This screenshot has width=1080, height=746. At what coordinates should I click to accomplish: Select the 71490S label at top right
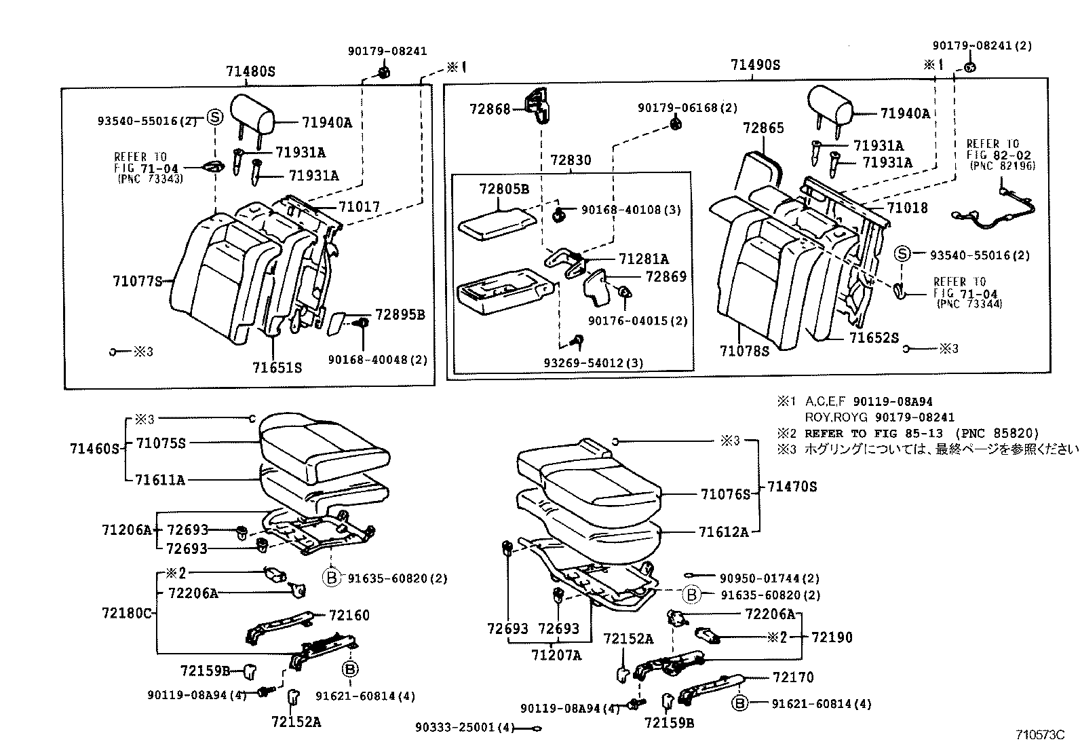755,65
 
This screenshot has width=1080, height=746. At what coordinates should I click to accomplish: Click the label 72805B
503,189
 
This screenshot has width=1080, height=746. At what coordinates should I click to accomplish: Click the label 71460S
94,449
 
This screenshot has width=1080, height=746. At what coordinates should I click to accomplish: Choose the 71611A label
160,480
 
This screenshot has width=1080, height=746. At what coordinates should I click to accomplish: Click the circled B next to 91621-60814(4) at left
350,669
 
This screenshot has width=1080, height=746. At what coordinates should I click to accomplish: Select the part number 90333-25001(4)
463,728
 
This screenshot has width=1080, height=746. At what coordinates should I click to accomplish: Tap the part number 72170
792,677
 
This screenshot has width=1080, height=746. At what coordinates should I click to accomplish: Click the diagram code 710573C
1040,734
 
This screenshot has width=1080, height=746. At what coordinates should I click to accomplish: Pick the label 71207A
556,655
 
